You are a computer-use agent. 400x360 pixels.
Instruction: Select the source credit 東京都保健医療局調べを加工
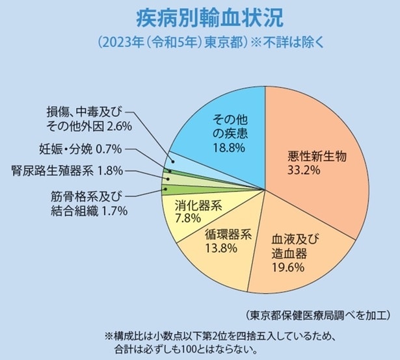pyautogui.click(x=319, y=315)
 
